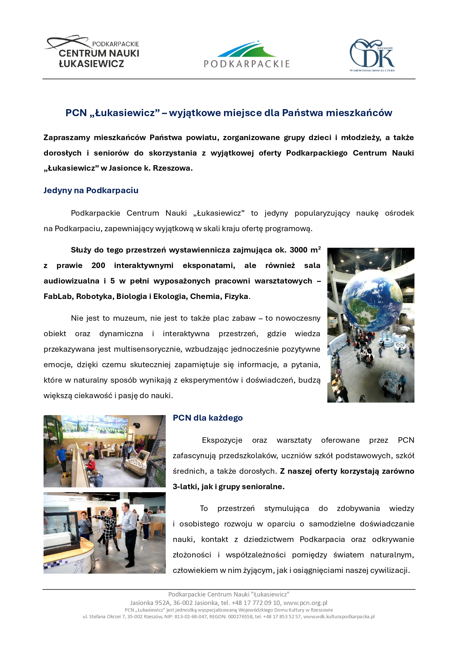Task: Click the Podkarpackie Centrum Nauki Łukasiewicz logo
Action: click(x=92, y=52)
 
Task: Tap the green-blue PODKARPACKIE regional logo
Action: click(x=247, y=55)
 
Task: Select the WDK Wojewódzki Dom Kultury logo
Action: click(x=372, y=55)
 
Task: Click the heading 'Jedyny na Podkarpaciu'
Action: click(x=91, y=191)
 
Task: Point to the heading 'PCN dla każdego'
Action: click(x=207, y=418)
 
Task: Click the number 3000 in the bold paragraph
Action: click(x=298, y=250)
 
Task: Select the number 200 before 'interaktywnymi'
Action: click(x=98, y=265)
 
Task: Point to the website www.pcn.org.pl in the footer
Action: click(x=305, y=603)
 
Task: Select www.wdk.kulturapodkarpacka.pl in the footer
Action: click(x=339, y=616)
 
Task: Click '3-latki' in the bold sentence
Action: click(x=185, y=487)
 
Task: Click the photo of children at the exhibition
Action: click(x=104, y=451)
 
